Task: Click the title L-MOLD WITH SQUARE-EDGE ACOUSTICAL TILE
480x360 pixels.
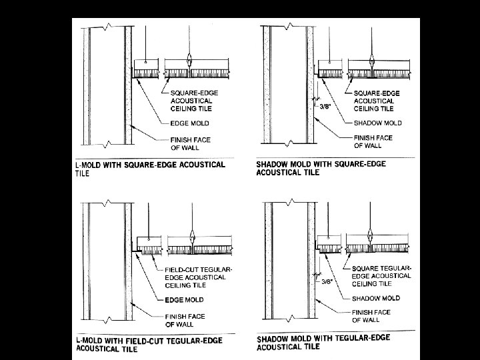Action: tap(151, 168)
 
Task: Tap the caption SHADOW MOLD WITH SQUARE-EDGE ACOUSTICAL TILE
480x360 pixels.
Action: tap(321, 168)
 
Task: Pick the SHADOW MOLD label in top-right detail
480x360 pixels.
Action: tap(376, 123)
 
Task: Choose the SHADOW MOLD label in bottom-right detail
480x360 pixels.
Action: tap(376, 298)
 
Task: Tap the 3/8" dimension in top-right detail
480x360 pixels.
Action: tap(326, 105)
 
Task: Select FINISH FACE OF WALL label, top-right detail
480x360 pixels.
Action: tap(373, 141)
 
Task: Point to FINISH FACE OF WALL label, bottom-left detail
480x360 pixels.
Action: tap(185, 321)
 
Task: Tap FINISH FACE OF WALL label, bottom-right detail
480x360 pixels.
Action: tap(371, 315)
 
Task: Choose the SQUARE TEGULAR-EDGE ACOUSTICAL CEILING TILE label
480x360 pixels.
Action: tap(381, 275)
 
